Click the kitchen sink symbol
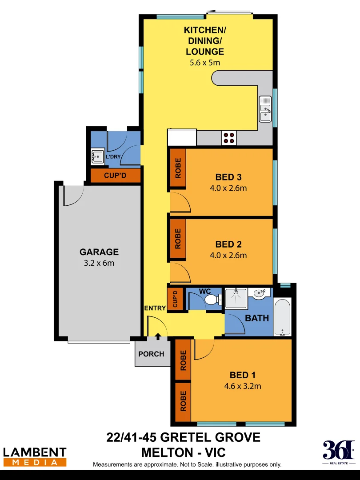point(265,109)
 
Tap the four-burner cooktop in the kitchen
point(230,138)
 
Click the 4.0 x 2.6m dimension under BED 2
point(228,255)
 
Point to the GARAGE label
point(99,252)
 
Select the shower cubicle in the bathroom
point(236,298)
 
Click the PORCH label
point(151,354)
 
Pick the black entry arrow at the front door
point(158,337)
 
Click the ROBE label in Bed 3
point(178,168)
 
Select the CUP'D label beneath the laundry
point(115,176)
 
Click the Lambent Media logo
point(35,457)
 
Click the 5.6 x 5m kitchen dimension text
point(205,63)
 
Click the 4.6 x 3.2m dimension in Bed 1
point(243,386)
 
